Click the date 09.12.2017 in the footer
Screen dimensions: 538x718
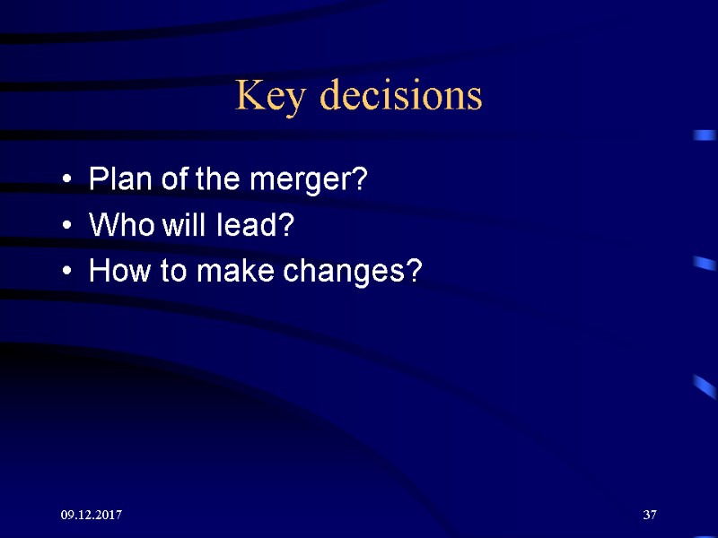(x=92, y=516)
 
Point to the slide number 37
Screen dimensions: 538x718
(x=650, y=516)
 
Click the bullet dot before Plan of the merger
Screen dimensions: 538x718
(x=67, y=182)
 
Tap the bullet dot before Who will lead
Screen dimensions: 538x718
(x=67, y=227)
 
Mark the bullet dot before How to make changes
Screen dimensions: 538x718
(x=67, y=272)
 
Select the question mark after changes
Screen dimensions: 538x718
(x=414, y=270)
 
